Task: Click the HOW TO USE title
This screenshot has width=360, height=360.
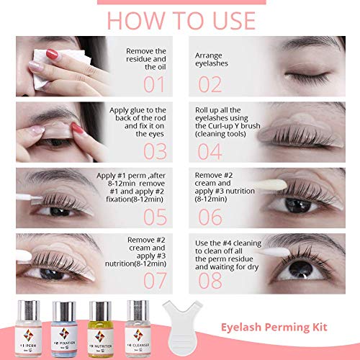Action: (180, 17)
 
